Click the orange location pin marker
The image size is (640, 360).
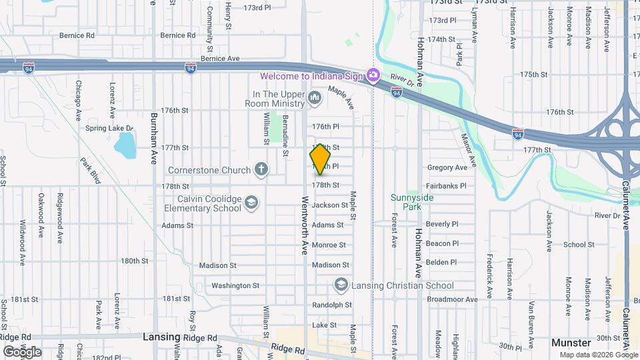[321, 159]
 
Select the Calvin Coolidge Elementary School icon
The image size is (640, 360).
[251, 203]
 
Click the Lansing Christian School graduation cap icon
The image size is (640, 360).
[341, 285]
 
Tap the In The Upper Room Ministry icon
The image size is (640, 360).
[315, 100]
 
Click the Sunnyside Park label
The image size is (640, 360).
[413, 202]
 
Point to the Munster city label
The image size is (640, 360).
[572, 342]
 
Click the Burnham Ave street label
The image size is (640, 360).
[154, 129]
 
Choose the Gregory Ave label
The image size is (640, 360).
[447, 167]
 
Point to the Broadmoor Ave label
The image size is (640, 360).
[453, 300]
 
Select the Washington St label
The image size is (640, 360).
[235, 285]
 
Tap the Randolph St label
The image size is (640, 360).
[331, 305]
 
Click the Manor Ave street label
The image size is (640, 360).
[469, 149]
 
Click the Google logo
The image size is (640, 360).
[22, 351]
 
